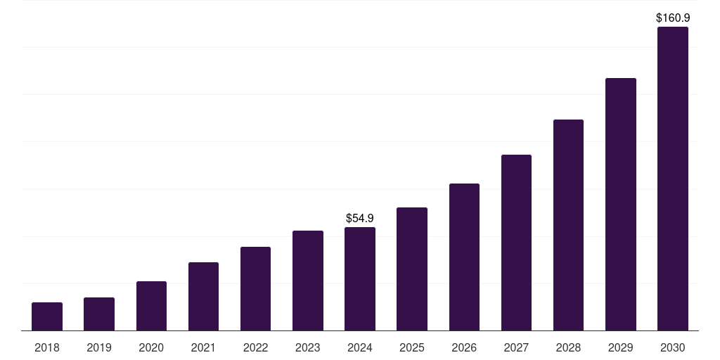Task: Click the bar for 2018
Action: pyautogui.click(x=47, y=316)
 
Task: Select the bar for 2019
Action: pyautogui.click(x=99, y=314)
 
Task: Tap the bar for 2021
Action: pyautogui.click(x=203, y=297)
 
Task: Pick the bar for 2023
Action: pyautogui.click(x=308, y=281)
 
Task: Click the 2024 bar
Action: pyautogui.click(x=360, y=279)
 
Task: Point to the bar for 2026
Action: pyautogui.click(x=464, y=257)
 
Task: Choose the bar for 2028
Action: pyautogui.click(x=568, y=225)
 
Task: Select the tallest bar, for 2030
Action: pyautogui.click(x=672, y=179)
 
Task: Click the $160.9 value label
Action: pyautogui.click(x=672, y=17)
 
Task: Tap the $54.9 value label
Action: pyautogui.click(x=360, y=218)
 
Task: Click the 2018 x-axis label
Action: pyautogui.click(x=47, y=347)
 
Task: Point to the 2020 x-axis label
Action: pyautogui.click(x=151, y=347)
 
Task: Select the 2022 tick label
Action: pyautogui.click(x=255, y=347)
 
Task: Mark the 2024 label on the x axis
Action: pyautogui.click(x=360, y=347)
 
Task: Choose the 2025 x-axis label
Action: pyautogui.click(x=412, y=347)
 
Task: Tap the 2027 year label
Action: pyautogui.click(x=516, y=347)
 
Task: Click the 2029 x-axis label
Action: pyautogui.click(x=620, y=347)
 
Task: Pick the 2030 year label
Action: pyautogui.click(x=672, y=347)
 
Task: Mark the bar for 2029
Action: pyautogui.click(x=620, y=205)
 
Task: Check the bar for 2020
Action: pyautogui.click(x=151, y=306)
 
